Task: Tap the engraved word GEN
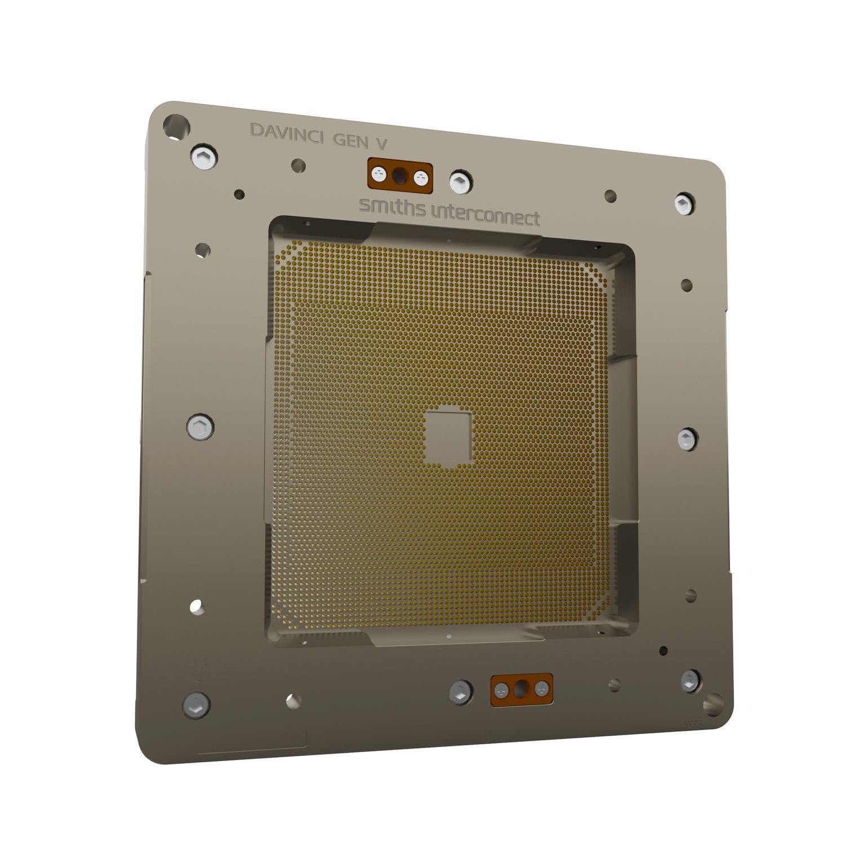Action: pos(351,139)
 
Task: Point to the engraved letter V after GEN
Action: pos(381,143)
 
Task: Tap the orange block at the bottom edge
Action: pos(522,688)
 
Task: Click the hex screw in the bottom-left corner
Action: pos(197,704)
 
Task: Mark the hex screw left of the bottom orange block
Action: pos(461,691)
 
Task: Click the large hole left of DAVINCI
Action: pos(176,126)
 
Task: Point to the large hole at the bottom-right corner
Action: pos(713,704)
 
